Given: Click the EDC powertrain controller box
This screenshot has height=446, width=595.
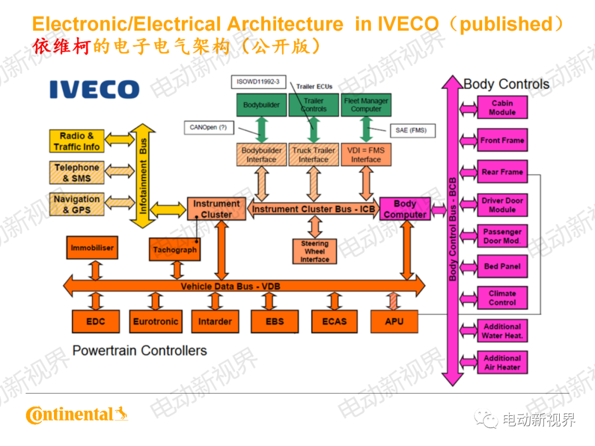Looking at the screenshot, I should pyautogui.click(x=95, y=322).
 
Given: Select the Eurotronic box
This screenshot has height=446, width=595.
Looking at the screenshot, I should pyautogui.click(x=155, y=322).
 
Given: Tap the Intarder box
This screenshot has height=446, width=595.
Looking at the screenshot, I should pyautogui.click(x=215, y=322).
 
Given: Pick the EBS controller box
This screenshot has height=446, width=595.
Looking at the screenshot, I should pyautogui.click(x=274, y=322).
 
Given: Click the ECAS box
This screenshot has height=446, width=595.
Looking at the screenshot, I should pyautogui.click(x=334, y=322).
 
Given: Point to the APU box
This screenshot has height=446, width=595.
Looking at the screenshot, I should pyautogui.click(x=394, y=322).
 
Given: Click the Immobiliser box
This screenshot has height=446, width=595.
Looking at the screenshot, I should pyautogui.click(x=92, y=248).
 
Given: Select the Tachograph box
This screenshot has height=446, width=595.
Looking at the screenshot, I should pyautogui.click(x=174, y=249).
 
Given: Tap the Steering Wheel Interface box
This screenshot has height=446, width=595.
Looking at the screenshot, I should pyautogui.click(x=315, y=252).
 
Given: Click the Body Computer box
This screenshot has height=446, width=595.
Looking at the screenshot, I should pyautogui.click(x=405, y=209).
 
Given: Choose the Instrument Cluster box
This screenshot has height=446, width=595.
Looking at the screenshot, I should pyautogui.click(x=216, y=209).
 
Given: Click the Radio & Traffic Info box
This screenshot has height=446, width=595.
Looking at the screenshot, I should pyautogui.click(x=77, y=142).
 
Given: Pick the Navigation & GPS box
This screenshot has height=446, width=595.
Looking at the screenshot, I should pyautogui.click(x=77, y=204).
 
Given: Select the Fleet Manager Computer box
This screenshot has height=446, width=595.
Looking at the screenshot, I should pyautogui.click(x=366, y=105).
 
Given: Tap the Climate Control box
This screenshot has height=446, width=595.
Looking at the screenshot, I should pyautogui.click(x=502, y=298).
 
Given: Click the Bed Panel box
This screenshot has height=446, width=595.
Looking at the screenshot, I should pyautogui.click(x=502, y=266).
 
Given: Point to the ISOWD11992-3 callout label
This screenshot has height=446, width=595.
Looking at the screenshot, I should pyautogui.click(x=258, y=82).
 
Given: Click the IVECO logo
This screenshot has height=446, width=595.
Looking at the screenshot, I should pyautogui.click(x=94, y=89).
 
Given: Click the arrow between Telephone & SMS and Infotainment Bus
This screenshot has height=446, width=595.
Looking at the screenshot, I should pyautogui.click(x=120, y=172).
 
